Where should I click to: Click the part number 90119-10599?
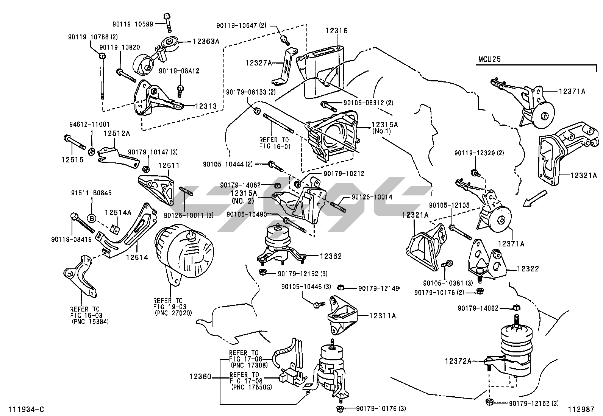tap(133, 24)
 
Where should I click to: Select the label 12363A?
tap(206, 41)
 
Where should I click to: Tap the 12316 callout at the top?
tap(336, 31)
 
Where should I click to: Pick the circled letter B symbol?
tap(91, 218)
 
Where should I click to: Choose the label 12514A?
tap(118, 212)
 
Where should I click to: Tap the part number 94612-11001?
tap(89, 124)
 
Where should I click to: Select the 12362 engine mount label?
tap(331, 256)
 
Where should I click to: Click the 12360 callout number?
tap(200, 377)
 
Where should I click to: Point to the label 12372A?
tap(458, 361)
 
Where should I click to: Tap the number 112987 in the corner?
tap(581, 410)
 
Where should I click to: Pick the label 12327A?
tap(258, 63)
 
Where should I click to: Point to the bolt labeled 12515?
tap(72, 160)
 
